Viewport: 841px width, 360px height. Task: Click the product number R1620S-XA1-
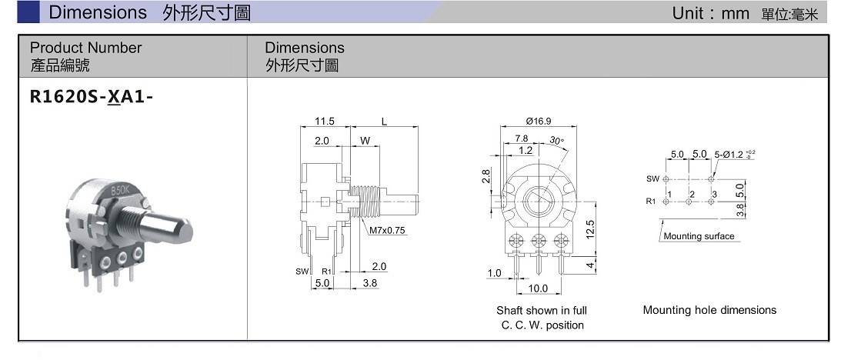(x=92, y=97)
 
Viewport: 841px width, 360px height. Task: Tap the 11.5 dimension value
(x=324, y=122)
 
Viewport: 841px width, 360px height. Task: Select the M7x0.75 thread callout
(x=387, y=231)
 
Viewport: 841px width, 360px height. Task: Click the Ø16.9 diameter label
(x=539, y=122)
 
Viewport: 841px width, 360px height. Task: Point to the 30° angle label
(x=557, y=141)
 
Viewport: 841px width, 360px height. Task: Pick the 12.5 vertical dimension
(x=590, y=230)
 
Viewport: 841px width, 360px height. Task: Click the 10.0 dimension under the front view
(x=538, y=288)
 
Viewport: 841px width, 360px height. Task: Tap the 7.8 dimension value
(x=522, y=138)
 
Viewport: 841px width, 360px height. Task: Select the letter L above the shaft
(x=384, y=122)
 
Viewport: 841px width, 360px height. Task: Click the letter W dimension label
(x=365, y=141)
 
